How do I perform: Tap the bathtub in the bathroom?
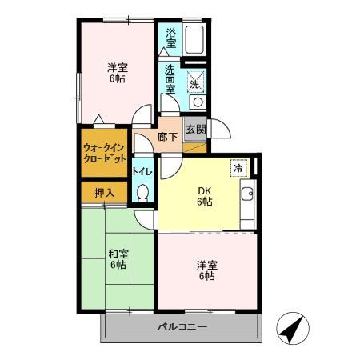tap(195, 39)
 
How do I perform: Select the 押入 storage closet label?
tap(104, 192)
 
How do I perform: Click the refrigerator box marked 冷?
tap(238, 168)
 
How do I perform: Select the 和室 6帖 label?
tap(118, 259)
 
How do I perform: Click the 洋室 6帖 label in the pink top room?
tap(118, 73)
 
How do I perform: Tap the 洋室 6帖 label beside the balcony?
tap(207, 270)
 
